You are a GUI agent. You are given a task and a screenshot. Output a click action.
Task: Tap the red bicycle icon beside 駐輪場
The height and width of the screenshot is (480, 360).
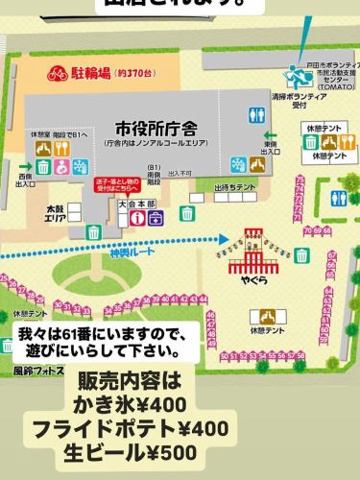[x=57, y=72]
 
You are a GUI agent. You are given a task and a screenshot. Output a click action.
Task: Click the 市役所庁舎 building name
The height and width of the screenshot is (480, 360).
[x=156, y=128]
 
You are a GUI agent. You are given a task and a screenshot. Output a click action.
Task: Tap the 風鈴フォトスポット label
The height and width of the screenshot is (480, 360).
[x=38, y=371]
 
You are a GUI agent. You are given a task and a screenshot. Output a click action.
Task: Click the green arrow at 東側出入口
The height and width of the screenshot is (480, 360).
[x=270, y=136]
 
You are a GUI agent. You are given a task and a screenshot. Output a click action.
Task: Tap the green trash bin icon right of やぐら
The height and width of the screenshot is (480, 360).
[x=302, y=254]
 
